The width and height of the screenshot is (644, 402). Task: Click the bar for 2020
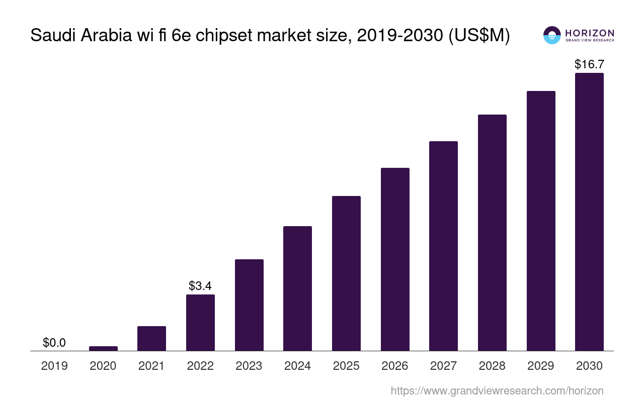103,348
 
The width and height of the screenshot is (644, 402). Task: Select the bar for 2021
151,339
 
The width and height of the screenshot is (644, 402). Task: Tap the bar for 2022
200,323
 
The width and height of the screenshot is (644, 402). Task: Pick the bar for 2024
297,288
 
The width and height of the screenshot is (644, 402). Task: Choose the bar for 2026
395,259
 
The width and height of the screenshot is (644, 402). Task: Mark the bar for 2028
492,233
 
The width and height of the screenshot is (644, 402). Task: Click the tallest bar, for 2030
589,212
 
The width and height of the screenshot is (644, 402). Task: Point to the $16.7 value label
589,64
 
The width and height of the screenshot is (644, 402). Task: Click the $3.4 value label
200,286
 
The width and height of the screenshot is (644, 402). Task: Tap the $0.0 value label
54,343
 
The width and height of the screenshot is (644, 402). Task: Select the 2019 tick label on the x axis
54,366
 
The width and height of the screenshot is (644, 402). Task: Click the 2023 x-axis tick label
249,366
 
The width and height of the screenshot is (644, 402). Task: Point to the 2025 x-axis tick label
346,366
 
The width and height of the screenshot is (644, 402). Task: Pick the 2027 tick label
443,366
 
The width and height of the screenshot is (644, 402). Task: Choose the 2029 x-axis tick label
541,366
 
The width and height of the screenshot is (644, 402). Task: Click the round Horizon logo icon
552,35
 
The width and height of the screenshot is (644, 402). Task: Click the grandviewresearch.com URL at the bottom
497,390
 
